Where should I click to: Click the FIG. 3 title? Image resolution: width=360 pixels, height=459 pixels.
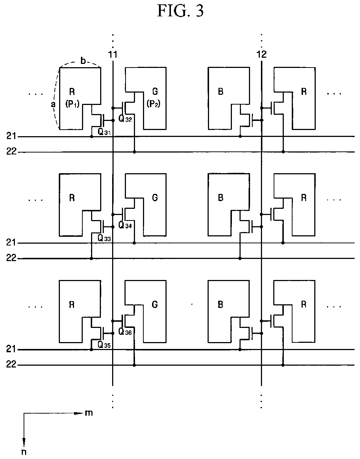(180, 11)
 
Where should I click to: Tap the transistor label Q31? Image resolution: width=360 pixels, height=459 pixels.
(104, 132)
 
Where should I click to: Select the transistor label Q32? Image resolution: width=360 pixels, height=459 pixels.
(125, 119)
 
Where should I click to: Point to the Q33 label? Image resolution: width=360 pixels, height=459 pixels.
(104, 239)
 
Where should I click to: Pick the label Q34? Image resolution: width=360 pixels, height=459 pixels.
(125, 225)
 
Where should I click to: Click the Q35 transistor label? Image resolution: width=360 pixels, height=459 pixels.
(104, 345)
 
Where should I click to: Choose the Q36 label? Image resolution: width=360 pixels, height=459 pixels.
(125, 332)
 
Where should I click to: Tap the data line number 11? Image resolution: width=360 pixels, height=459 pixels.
(113, 54)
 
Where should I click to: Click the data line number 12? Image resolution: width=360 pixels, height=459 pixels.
(261, 54)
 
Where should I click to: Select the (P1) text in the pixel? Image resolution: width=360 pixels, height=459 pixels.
(72, 104)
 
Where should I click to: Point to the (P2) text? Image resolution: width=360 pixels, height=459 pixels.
(154, 103)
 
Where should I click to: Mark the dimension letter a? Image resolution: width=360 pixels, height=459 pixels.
(53, 104)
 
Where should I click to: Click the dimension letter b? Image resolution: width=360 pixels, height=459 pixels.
(83, 61)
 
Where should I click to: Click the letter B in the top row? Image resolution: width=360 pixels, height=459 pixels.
(221, 92)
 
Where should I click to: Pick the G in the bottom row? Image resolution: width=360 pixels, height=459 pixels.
(155, 304)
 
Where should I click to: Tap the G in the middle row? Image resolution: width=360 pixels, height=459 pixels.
(155, 198)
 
